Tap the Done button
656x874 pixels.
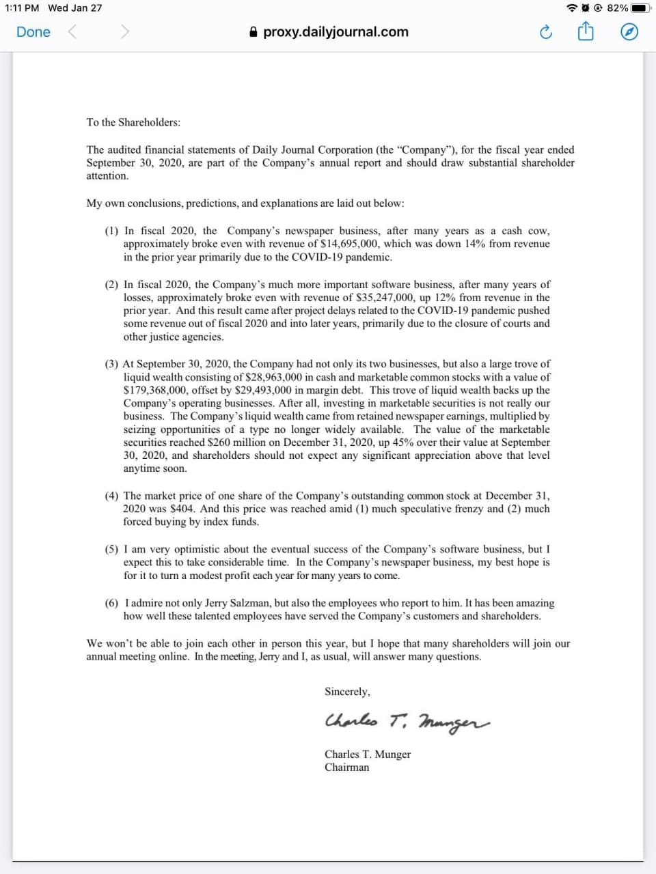tap(33, 32)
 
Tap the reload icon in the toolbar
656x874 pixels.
tap(545, 32)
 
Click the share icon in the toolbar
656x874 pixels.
tap(586, 32)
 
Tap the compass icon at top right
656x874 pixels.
tap(629, 32)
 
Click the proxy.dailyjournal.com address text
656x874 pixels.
tap(336, 32)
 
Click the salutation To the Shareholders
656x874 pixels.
tap(133, 122)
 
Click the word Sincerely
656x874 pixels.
tap(347, 692)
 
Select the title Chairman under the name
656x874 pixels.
tap(346, 767)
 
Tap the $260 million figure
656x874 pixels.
tap(232, 442)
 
